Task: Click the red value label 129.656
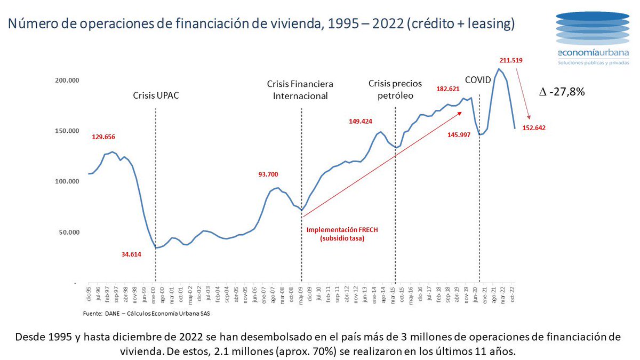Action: [103, 137]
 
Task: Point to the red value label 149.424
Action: [361, 121]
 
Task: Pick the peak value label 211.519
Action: [511, 60]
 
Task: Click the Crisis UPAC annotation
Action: [155, 96]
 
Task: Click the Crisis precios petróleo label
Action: [395, 90]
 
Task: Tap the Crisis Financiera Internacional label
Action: [301, 90]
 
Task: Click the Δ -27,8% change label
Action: [563, 92]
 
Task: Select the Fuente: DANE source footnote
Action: [146, 314]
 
